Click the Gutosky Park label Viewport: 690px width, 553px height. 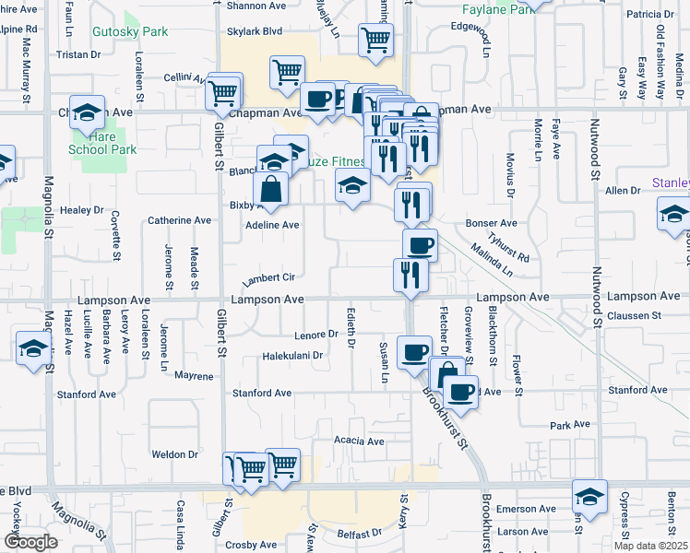pyautogui.click(x=130, y=31)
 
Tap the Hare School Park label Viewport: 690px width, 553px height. pyautogui.click(x=102, y=143)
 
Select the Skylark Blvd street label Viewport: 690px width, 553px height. pyautogui.click(x=254, y=30)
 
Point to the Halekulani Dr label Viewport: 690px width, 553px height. pyautogui.click(x=291, y=355)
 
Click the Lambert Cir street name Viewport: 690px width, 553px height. pyautogui.click(x=268, y=277)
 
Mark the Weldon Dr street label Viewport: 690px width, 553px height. pyautogui.click(x=174, y=454)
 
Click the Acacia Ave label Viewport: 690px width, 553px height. pyautogui.click(x=359, y=441)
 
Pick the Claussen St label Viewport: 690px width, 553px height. pyautogui.click(x=636, y=315)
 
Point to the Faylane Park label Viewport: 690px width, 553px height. pyautogui.click(x=498, y=8)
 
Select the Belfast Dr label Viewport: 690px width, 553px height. pyautogui.click(x=359, y=534)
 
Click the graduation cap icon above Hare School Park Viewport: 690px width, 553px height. pyautogui.click(x=87, y=112)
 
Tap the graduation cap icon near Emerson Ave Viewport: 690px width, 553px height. pyautogui.click(x=589, y=496)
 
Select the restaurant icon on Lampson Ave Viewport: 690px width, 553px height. pyautogui.click(x=410, y=274)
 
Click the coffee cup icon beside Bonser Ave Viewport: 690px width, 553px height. pyautogui.click(x=420, y=244)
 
